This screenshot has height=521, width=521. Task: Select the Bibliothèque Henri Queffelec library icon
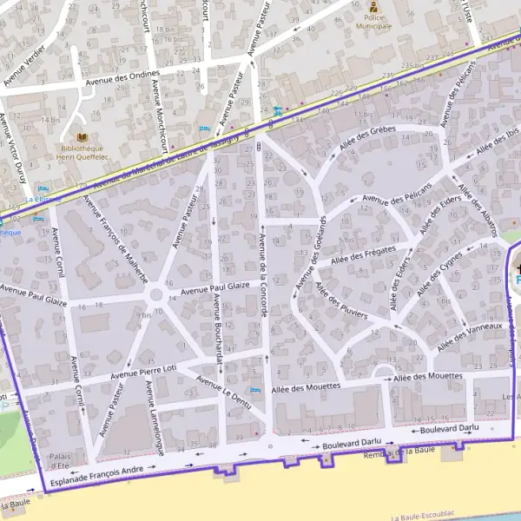pyautogui.click(x=83, y=137)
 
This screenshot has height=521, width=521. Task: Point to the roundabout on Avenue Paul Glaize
pyautogui.click(x=156, y=295)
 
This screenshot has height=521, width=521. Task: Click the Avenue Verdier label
pyautogui.click(x=23, y=66)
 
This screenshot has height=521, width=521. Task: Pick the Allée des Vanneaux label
pyautogui.click(x=470, y=336)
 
